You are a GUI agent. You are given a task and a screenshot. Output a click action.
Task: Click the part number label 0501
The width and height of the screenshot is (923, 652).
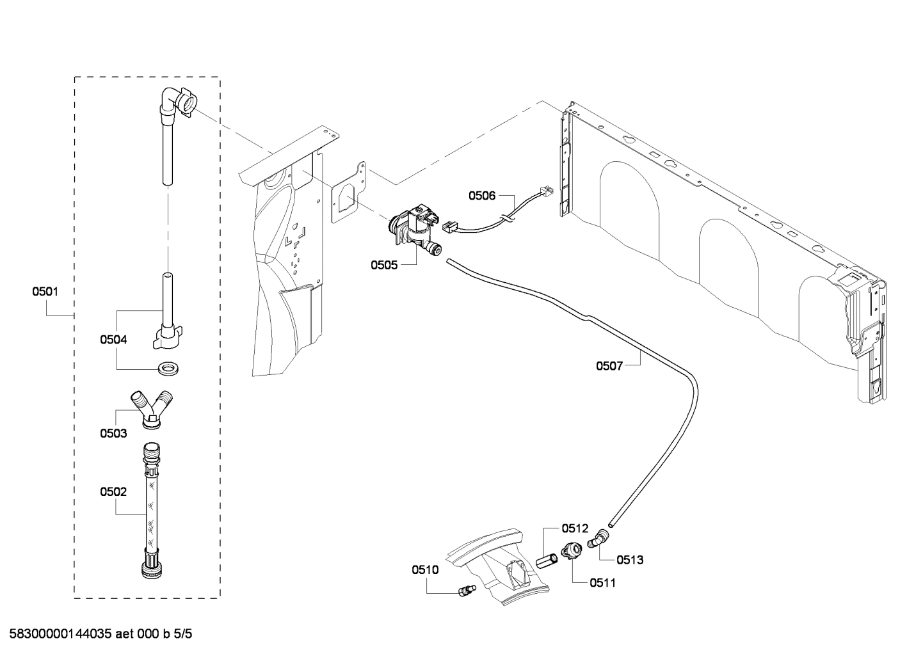[x=45, y=292]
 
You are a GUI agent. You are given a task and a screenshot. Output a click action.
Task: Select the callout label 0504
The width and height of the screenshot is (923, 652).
[x=113, y=340]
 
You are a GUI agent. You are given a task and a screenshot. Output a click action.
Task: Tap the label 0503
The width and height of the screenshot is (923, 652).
[x=113, y=433]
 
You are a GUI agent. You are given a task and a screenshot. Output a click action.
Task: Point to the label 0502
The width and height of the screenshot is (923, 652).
[x=113, y=492]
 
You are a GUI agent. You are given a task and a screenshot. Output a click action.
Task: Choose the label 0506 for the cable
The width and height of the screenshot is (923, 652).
[x=482, y=196]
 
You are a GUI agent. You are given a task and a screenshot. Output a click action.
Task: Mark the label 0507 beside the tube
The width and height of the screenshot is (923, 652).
[x=609, y=366]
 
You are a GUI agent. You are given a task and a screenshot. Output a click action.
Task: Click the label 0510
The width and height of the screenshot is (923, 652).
[x=425, y=569]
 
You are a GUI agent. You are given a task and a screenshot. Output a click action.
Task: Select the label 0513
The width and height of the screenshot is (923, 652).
[x=630, y=560]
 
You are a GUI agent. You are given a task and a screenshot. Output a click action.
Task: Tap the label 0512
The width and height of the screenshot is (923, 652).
[x=575, y=529]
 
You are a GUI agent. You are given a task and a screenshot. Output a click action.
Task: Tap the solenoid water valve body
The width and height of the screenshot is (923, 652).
[x=412, y=229]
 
